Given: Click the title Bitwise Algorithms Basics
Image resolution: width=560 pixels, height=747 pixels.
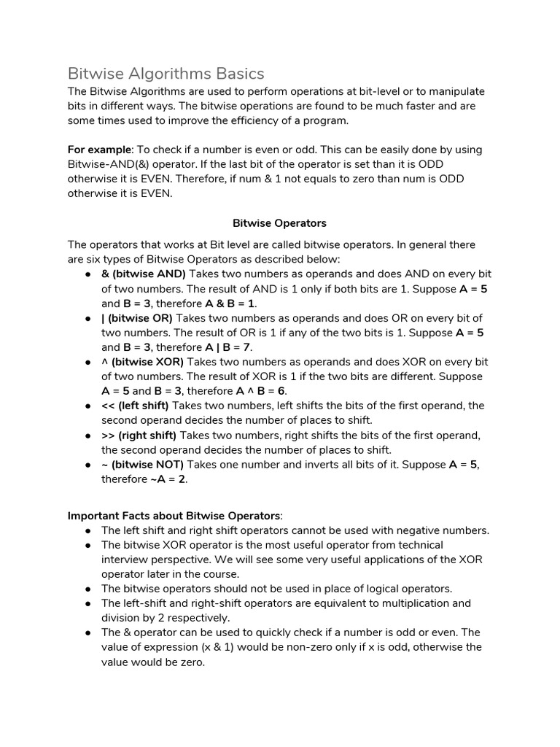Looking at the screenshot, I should [166, 74].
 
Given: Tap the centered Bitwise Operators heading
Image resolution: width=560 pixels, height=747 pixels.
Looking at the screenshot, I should [279, 222].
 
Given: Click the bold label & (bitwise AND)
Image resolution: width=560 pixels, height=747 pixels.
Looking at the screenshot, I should [144, 274].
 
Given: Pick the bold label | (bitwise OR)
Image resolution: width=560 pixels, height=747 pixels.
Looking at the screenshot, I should [137, 318].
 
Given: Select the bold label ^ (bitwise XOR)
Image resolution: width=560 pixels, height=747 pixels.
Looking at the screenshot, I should [143, 362].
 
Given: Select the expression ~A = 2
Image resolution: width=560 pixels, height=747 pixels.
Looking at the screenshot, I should [168, 479].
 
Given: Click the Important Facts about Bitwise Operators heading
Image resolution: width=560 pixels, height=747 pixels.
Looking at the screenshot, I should [174, 516].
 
